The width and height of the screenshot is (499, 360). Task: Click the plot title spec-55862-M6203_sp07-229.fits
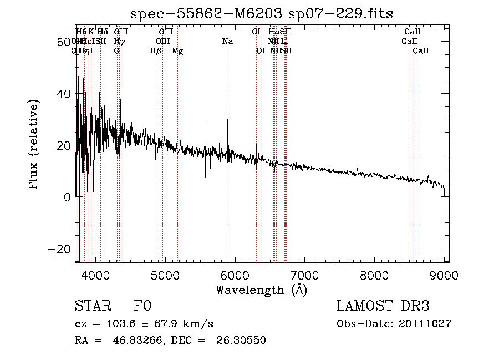[261, 14]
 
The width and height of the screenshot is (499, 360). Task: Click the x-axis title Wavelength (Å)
[261, 290]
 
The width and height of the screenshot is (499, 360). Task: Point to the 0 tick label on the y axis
[67, 197]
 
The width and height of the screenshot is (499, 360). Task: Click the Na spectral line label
[227, 42]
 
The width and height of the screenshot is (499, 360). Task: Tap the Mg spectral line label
[177, 51]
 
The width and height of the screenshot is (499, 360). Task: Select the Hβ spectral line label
[156, 51]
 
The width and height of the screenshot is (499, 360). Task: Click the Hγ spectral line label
[119, 42]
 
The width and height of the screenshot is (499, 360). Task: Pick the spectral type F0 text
[142, 307]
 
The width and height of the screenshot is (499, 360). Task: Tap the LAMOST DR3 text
[383, 306]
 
